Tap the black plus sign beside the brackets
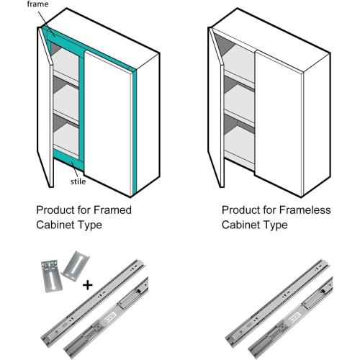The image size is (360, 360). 88,284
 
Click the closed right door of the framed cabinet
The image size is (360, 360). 108,115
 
